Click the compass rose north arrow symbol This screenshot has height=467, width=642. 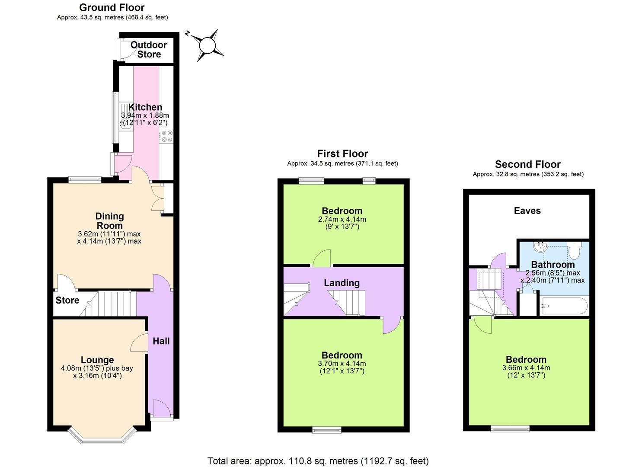coord(207,45)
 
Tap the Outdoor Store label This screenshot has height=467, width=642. coord(149,50)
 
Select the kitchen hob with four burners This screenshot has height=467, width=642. coord(166,136)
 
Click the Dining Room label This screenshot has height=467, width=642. coord(109,221)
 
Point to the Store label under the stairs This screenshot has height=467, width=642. coord(67,300)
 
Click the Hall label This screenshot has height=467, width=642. coord(161,341)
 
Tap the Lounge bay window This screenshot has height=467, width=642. coord(102,437)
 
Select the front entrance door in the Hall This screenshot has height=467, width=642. coord(161,408)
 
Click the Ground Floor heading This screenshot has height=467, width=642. coord(112,7)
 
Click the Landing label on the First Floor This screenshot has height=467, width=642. coord(342,283)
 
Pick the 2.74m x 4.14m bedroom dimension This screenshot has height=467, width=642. coord(342,219)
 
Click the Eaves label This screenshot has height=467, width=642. coord(527,211)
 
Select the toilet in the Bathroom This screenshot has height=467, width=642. coord(575,250)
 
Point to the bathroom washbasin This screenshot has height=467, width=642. coord(540,247)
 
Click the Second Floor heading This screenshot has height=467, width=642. coord(527,164)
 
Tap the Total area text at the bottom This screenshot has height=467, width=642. coord(318,461)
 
